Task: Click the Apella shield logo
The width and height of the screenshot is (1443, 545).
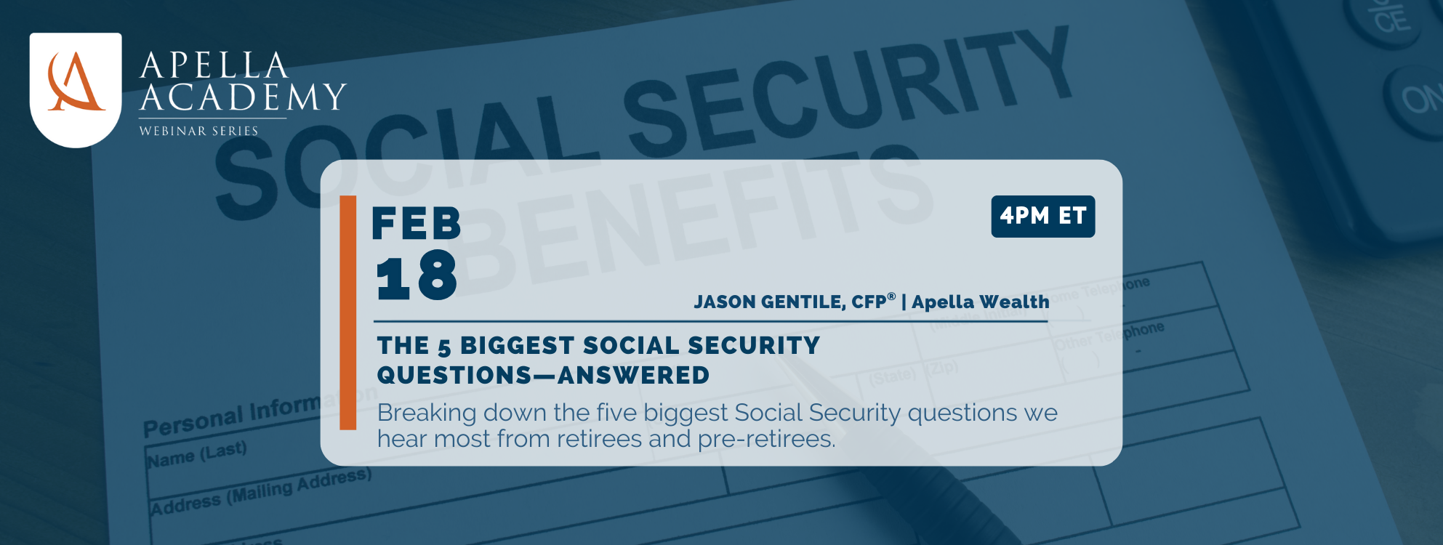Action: pyautogui.click(x=76, y=89)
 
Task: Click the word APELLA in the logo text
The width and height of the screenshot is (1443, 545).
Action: pyautogui.click(x=214, y=65)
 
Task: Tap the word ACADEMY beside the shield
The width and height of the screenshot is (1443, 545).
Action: pyautogui.click(x=243, y=97)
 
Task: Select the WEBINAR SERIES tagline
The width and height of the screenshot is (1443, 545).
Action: pyautogui.click(x=198, y=132)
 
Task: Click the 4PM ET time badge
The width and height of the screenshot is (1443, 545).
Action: pyautogui.click(x=1042, y=217)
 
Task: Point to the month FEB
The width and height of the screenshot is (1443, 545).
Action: pyautogui.click(x=417, y=223)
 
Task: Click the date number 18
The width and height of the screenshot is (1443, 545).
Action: pyautogui.click(x=417, y=276)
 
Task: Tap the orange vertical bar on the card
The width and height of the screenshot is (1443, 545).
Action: pyautogui.click(x=348, y=312)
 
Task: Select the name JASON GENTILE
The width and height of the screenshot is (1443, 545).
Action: pyautogui.click(x=769, y=302)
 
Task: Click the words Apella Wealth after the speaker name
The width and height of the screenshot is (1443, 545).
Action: pyautogui.click(x=980, y=302)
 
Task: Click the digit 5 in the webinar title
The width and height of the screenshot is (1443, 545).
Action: pyautogui.click(x=444, y=347)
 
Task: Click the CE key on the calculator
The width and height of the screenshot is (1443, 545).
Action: pyautogui.click(x=1391, y=20)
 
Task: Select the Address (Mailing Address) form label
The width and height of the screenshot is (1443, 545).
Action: pyautogui.click(x=260, y=492)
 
